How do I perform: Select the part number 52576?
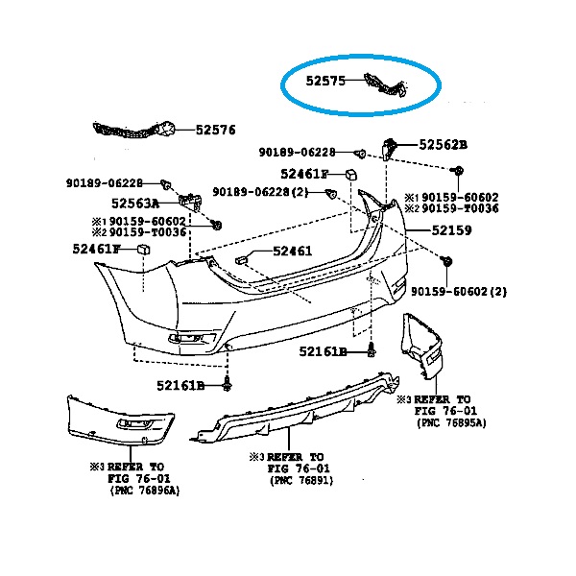(x=216, y=130)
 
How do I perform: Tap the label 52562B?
(x=443, y=145)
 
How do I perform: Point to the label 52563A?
(x=134, y=203)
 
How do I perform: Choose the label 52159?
(x=451, y=231)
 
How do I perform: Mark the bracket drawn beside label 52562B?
(x=392, y=148)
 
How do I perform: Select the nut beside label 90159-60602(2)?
(x=446, y=261)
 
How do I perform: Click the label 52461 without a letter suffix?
(x=293, y=252)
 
